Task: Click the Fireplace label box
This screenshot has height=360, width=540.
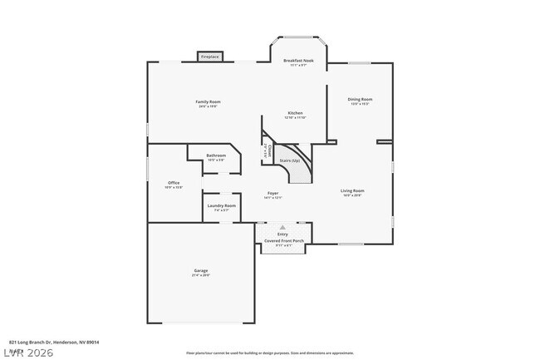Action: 210,57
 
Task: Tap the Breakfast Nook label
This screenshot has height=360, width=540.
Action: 297,61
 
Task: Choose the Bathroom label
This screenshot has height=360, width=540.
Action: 216,155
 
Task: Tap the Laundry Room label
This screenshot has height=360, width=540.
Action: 221,205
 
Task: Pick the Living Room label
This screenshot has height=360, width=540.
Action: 352,191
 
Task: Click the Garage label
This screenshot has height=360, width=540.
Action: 201,271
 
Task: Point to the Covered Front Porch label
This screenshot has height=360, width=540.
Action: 284,241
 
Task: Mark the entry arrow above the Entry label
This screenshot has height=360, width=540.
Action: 283,226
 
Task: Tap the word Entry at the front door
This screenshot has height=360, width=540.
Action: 283,234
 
